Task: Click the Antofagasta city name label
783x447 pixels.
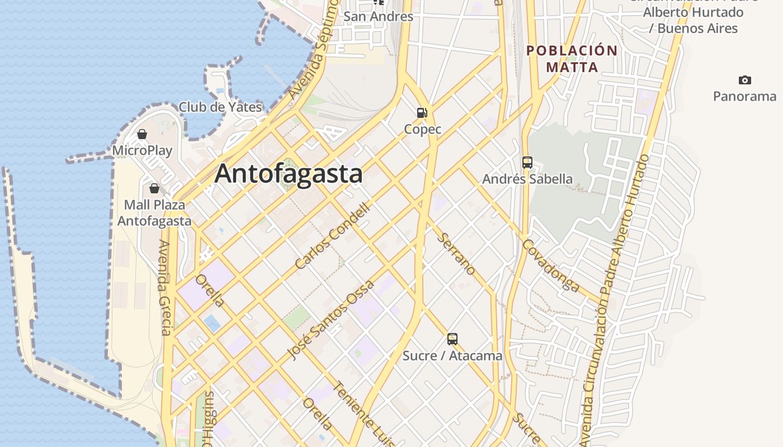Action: coord(289,174)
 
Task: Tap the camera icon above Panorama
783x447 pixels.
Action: coord(744,80)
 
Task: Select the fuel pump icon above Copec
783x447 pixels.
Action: coord(422,113)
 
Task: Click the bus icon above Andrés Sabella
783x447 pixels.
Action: coord(527,163)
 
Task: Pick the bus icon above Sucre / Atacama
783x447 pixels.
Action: coord(452,339)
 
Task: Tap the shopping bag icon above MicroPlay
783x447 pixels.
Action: coord(142,134)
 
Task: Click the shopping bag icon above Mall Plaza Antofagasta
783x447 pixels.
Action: coord(154,188)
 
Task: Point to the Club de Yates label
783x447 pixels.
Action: coord(220,107)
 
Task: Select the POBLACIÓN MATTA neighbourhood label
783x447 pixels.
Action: coord(572,59)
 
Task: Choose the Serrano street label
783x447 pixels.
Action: coord(456,254)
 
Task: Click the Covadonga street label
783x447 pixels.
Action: coord(551,266)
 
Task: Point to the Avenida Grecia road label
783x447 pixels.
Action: coord(164,287)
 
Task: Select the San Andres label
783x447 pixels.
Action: coord(378,17)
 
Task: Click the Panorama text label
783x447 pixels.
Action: coord(744,96)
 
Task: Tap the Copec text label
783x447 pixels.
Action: coord(423,130)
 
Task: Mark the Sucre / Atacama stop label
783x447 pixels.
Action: coord(452,356)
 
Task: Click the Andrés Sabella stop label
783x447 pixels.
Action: coord(527,179)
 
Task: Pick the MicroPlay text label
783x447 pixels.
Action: coord(142,151)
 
